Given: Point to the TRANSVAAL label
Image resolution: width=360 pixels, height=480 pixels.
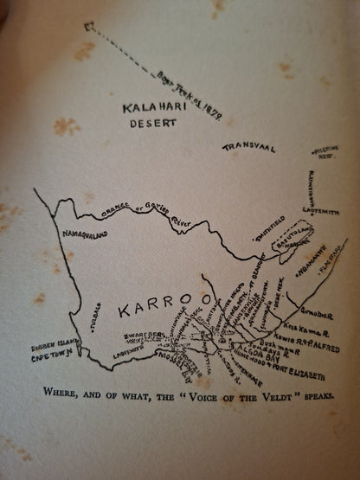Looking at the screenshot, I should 247,148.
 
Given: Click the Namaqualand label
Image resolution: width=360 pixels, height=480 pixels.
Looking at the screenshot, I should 85,234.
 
